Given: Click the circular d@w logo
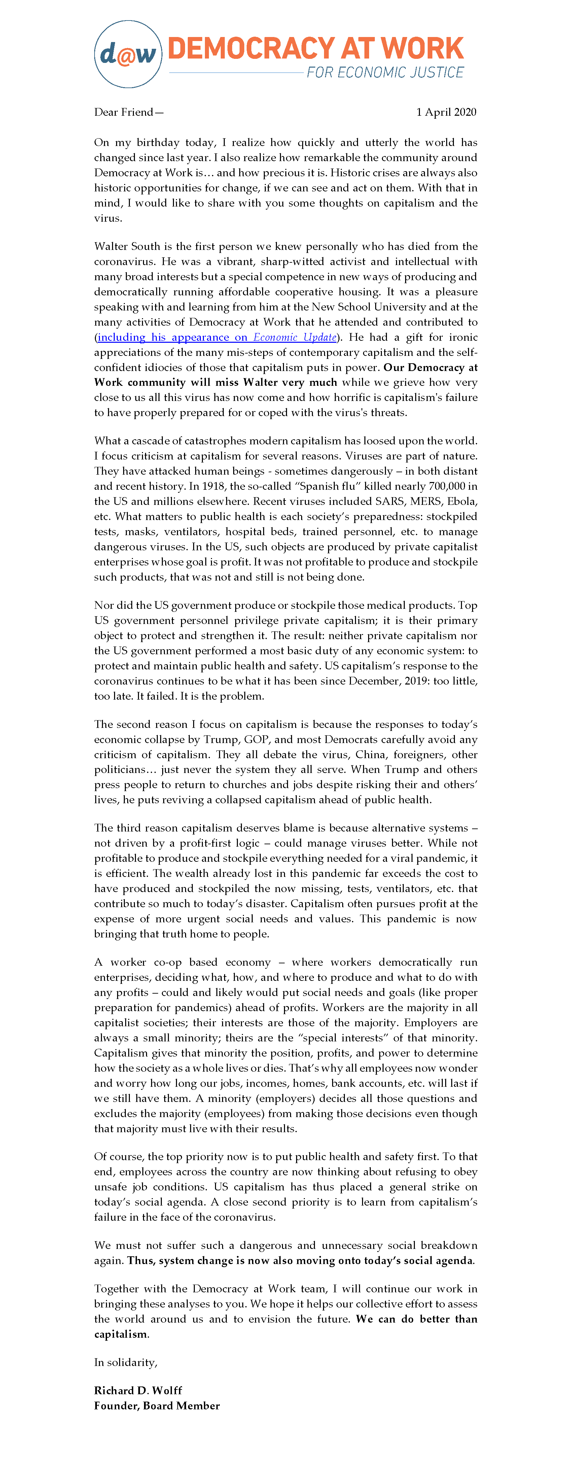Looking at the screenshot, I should [128, 54].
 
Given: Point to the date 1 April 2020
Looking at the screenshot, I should [446, 112].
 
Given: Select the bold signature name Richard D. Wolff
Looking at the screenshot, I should [138, 1391].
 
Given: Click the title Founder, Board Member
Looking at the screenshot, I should [157, 1405].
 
